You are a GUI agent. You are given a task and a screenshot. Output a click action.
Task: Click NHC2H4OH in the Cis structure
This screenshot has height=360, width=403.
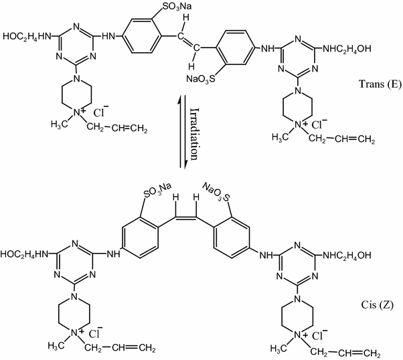(364, 255)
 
